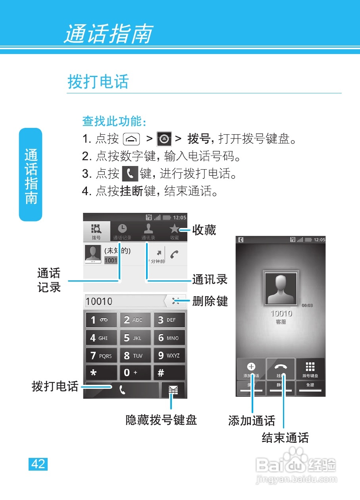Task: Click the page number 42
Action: click(38, 464)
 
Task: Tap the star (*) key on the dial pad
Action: click(101, 373)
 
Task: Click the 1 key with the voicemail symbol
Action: click(101, 320)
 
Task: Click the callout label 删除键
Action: click(210, 301)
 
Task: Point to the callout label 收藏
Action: click(204, 230)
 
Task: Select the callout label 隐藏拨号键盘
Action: click(161, 420)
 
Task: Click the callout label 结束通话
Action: click(285, 438)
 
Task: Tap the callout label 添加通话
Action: click(252, 421)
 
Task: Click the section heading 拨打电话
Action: click(98, 82)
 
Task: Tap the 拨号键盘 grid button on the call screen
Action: click(310, 369)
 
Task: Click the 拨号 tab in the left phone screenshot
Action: click(96, 232)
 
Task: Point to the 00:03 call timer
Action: click(307, 306)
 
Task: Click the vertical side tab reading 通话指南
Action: click(31, 175)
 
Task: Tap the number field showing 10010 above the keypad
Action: click(124, 301)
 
